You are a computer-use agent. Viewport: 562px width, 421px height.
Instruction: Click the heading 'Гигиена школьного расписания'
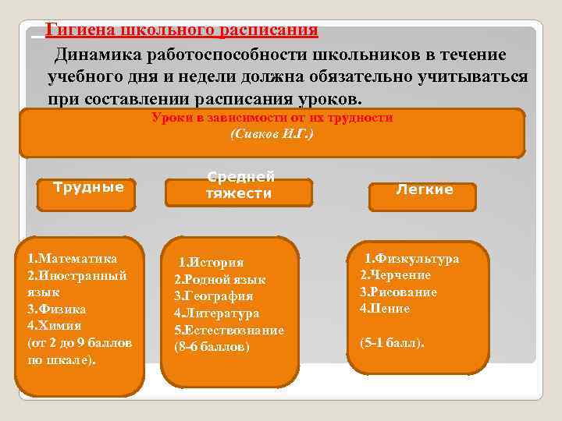tap(181, 30)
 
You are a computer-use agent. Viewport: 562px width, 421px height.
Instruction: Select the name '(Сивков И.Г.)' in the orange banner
tap(272, 134)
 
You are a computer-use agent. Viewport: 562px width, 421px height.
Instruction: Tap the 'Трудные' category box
tap(87, 187)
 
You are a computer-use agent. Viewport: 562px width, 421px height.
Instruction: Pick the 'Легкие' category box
tap(424, 189)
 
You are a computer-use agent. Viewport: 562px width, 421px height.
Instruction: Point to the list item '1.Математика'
tap(72, 258)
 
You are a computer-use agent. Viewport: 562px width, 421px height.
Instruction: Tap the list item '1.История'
tap(211, 263)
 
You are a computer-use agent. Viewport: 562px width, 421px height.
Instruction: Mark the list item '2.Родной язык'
tap(219, 279)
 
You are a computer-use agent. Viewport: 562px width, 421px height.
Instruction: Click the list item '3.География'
tap(213, 296)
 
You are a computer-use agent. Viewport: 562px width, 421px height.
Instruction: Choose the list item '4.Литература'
tap(216, 313)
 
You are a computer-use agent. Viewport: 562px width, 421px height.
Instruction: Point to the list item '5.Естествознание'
tap(229, 330)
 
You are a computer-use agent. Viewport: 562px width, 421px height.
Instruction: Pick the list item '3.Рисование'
tap(398, 292)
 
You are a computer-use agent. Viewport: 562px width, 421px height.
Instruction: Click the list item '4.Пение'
tap(385, 309)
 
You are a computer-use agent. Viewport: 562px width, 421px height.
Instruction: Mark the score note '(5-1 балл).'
tap(392, 342)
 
